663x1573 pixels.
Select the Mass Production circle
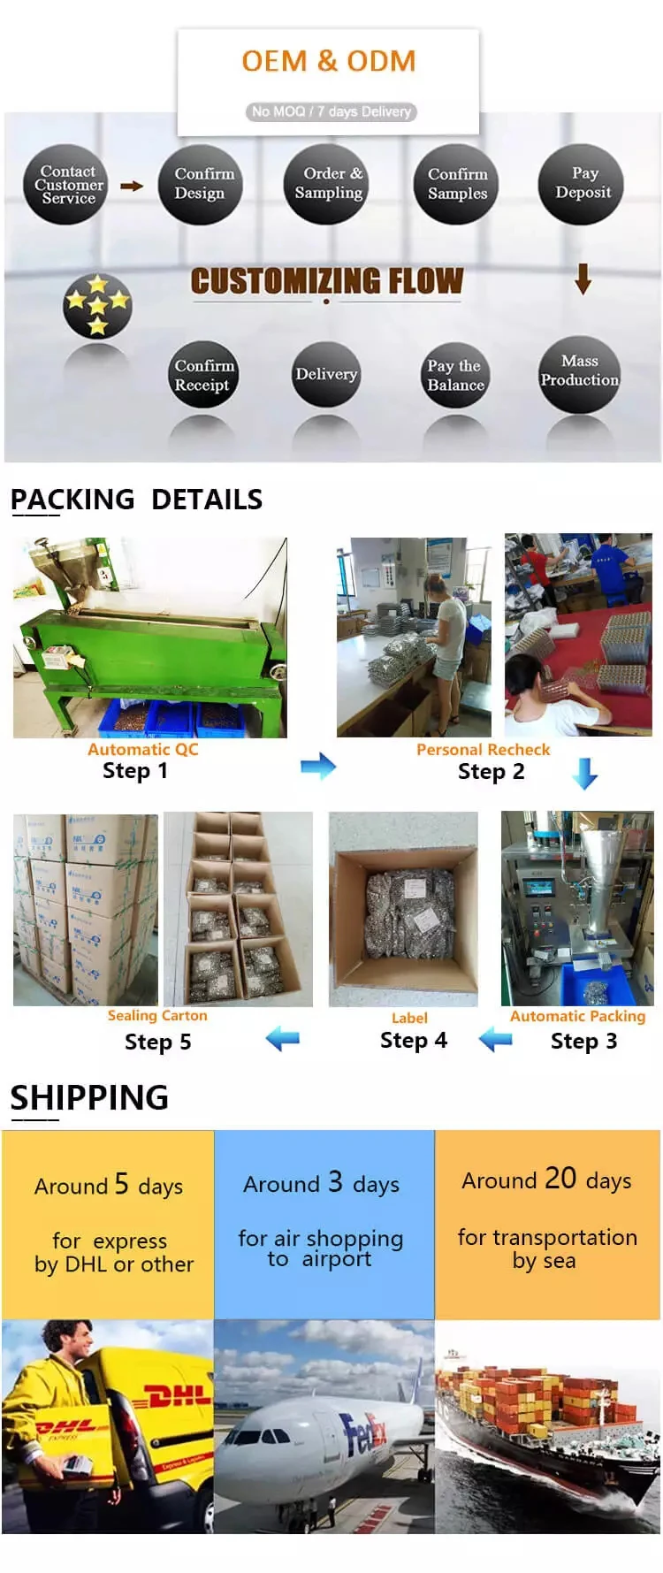pyautogui.click(x=579, y=373)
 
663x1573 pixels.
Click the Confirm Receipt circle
pyautogui.click(x=203, y=375)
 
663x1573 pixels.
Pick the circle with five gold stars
pyautogui.click(x=97, y=306)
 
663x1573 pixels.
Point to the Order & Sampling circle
pyautogui.click(x=327, y=183)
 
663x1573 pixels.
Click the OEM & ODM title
pyautogui.click(x=328, y=61)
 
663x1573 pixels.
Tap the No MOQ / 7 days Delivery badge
pyautogui.click(x=330, y=111)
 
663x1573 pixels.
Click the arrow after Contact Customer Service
pyautogui.click(x=132, y=186)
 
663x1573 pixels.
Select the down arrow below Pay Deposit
pyautogui.click(x=583, y=279)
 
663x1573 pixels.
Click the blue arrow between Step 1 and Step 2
pyautogui.click(x=317, y=766)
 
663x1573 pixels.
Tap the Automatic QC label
pyautogui.click(x=142, y=749)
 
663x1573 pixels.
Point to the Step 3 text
pyautogui.click(x=583, y=1041)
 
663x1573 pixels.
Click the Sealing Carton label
pyautogui.click(x=157, y=1015)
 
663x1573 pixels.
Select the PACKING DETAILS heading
pyautogui.click(x=136, y=500)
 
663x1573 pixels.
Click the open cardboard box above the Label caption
pyautogui.click(x=404, y=910)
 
